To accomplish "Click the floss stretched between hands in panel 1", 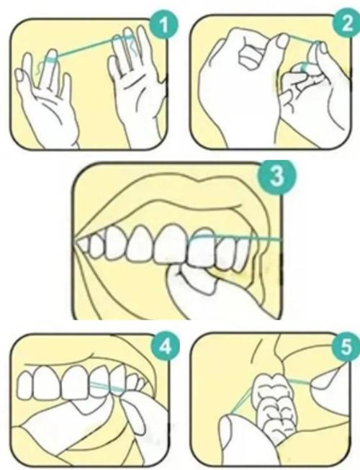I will click(86, 45).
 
